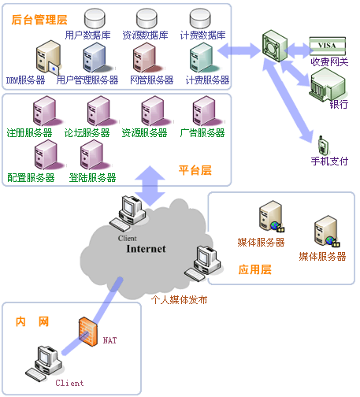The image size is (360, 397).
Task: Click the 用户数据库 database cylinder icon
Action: click(x=95, y=18)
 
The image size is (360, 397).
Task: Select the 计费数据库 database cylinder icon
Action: click(x=200, y=18)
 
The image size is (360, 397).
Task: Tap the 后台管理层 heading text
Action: click(x=39, y=20)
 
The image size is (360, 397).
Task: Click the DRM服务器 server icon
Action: click(x=49, y=57)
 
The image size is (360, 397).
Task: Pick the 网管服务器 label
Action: click(x=152, y=80)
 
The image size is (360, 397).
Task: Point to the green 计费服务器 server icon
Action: click(x=203, y=58)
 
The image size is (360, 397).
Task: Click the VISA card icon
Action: click(x=328, y=46)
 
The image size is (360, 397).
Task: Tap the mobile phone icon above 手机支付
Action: click(x=323, y=145)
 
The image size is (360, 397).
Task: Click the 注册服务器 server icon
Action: click(x=46, y=111)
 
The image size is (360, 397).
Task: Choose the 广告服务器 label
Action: click(x=202, y=133)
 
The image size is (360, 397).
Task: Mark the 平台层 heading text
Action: click(x=195, y=170)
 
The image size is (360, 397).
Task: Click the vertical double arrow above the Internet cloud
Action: click(x=150, y=186)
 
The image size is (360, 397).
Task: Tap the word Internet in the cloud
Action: click(x=146, y=249)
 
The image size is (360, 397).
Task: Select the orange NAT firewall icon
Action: click(x=88, y=332)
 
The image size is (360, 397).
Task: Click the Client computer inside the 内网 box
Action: click(x=44, y=364)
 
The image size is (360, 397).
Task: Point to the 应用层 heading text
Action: click(x=254, y=269)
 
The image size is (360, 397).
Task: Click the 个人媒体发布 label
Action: click(x=179, y=299)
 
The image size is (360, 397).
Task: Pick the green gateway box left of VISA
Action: click(x=275, y=46)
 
